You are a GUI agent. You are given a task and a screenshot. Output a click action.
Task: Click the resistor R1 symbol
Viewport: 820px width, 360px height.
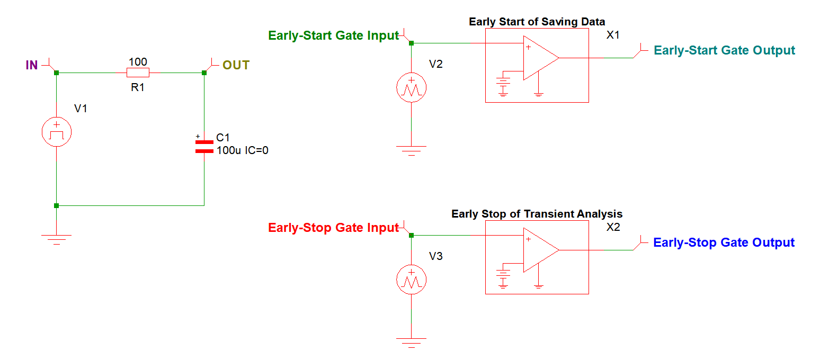pyautogui.click(x=138, y=73)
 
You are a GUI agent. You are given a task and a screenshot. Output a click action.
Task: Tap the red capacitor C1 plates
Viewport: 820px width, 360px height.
pyautogui.click(x=204, y=147)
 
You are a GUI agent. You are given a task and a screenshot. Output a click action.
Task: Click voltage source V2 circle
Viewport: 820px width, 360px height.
pyautogui.click(x=412, y=87)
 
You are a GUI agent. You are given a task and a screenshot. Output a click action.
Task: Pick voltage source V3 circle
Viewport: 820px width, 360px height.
pyautogui.click(x=412, y=280)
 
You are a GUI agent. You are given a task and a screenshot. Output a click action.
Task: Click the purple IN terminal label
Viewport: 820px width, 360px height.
pyautogui.click(x=32, y=66)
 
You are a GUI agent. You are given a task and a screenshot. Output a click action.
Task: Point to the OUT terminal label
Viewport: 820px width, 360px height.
pyautogui.click(x=236, y=65)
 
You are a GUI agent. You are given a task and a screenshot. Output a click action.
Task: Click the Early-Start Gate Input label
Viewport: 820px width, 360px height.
pyautogui.click(x=333, y=36)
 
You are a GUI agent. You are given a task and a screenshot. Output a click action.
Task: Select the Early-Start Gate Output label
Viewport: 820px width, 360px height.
pyautogui.click(x=724, y=50)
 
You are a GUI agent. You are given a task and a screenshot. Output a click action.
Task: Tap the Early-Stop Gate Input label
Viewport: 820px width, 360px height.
pyautogui.click(x=333, y=228)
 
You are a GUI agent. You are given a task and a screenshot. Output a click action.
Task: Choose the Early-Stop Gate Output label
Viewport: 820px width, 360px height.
pyautogui.click(x=724, y=242)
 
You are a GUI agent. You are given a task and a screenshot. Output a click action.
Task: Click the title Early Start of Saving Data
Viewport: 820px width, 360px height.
pyautogui.click(x=537, y=22)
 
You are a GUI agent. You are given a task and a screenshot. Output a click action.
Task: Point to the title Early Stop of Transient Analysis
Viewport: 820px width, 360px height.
pyautogui.click(x=537, y=214)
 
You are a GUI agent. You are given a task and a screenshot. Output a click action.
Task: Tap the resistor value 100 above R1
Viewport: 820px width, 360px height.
pyautogui.click(x=138, y=62)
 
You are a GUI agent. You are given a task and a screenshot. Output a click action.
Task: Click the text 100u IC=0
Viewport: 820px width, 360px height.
pyautogui.click(x=243, y=151)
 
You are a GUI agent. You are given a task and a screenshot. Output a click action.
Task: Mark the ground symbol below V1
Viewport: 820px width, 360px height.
pyautogui.click(x=56, y=238)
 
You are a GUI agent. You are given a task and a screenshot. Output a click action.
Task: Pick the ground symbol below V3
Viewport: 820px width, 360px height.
pyautogui.click(x=412, y=341)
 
